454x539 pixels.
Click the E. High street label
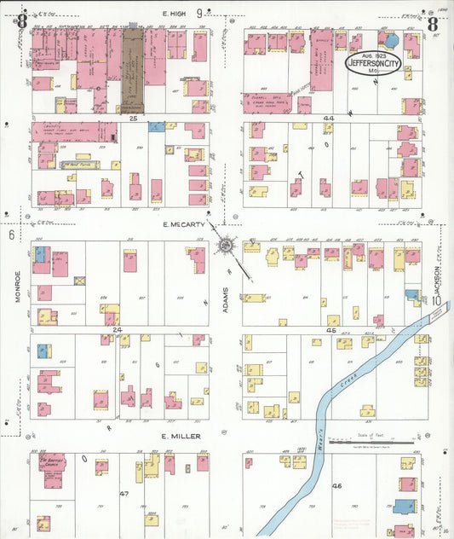(175, 13)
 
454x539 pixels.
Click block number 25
(133, 118)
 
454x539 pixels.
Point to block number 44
(329, 118)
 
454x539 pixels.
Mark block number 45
(333, 329)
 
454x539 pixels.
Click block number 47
(124, 494)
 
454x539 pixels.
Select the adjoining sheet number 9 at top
(199, 13)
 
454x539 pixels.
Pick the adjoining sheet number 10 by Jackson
(436, 300)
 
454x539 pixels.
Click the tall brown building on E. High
(132, 69)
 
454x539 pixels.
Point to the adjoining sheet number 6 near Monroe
(13, 234)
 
